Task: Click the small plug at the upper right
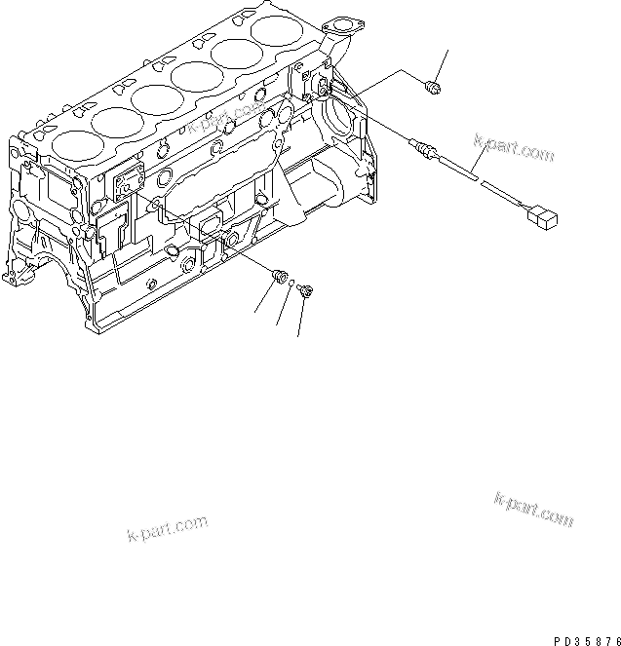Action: pos(435,90)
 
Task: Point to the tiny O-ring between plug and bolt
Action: pos(291,285)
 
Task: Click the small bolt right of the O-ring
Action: pos(306,289)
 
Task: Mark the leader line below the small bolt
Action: pos(301,317)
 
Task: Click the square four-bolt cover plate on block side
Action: pos(129,184)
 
